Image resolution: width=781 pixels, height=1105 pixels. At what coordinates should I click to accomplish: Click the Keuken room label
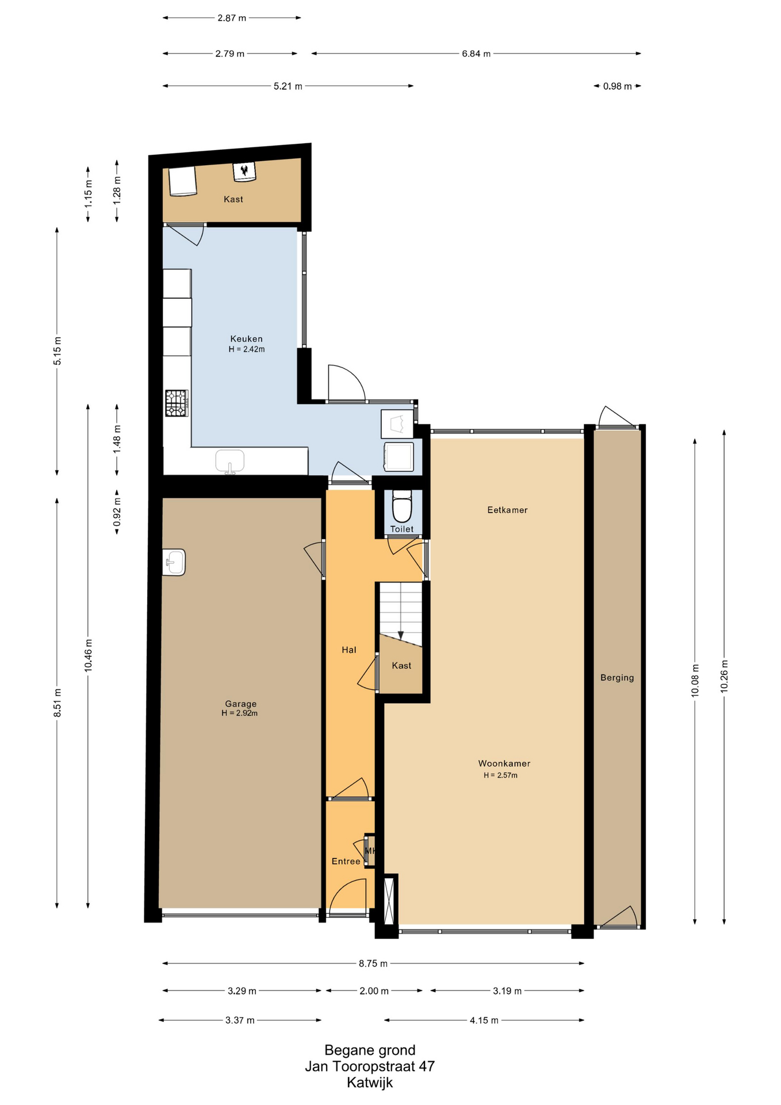pyautogui.click(x=246, y=339)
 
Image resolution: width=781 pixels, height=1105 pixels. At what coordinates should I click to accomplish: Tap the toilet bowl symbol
pyautogui.click(x=401, y=506)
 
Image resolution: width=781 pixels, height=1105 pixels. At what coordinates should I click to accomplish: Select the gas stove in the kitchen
pyautogui.click(x=177, y=403)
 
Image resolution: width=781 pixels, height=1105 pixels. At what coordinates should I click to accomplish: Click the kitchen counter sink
pyautogui.click(x=230, y=462)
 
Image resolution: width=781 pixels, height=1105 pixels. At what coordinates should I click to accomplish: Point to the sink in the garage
pyautogui.click(x=174, y=562)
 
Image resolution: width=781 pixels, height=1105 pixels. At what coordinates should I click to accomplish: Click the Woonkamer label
pyautogui.click(x=504, y=764)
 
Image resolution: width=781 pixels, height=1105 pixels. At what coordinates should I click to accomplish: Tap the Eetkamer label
pyautogui.click(x=507, y=510)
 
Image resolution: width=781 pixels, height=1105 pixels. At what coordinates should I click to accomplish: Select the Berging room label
pyautogui.click(x=617, y=678)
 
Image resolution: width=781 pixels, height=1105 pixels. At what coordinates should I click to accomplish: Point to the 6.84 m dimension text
pyautogui.click(x=476, y=54)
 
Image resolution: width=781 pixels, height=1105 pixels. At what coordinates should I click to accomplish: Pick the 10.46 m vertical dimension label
pyautogui.click(x=88, y=656)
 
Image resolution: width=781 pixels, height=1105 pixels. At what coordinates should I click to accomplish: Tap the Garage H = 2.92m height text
pyautogui.click(x=239, y=714)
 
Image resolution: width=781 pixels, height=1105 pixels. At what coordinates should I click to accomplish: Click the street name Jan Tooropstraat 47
pyautogui.click(x=370, y=1066)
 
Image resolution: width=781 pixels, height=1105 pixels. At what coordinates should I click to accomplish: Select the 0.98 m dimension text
pyautogui.click(x=617, y=86)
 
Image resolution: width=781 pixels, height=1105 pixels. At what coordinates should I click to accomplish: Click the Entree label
pyautogui.click(x=346, y=862)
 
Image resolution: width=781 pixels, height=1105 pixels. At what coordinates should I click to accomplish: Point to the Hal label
pyautogui.click(x=349, y=650)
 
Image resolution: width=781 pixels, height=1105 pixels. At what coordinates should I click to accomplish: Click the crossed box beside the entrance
pyautogui.click(x=390, y=900)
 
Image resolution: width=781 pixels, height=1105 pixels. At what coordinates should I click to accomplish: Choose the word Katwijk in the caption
pyautogui.click(x=370, y=1083)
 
